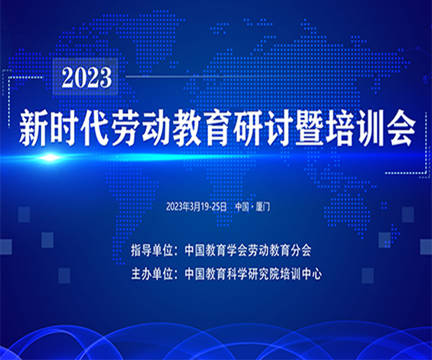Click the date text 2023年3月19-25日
pos(196,207)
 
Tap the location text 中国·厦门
pos(253,207)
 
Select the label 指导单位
pos(152,251)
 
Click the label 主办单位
pos(152,274)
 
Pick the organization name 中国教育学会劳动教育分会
pos(248,251)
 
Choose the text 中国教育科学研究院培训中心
pos(253,274)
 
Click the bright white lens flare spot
pos(50,158)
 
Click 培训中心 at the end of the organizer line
pos(301,274)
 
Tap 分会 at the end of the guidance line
pos(301,251)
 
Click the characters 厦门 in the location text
pos(263,207)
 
